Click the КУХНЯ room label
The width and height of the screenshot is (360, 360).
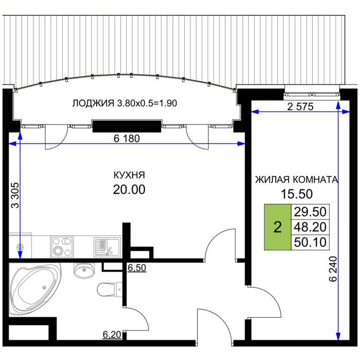pyautogui.click(x=129, y=175)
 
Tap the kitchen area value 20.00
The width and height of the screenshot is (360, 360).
pyautogui.click(x=129, y=190)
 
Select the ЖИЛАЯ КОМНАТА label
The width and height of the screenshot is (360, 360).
pyautogui.click(x=297, y=179)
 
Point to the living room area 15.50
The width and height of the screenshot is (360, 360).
pyautogui.click(x=297, y=194)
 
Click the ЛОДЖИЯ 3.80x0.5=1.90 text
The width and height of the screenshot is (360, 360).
pyautogui.click(x=124, y=103)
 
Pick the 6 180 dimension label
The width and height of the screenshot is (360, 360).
pyautogui.click(x=127, y=139)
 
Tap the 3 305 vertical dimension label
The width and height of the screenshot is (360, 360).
pyautogui.click(x=15, y=195)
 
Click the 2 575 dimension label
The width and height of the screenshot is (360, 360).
pyautogui.click(x=300, y=107)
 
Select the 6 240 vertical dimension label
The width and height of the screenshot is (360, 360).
pyautogui.click(x=333, y=269)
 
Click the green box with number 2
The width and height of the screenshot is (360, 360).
pyautogui.click(x=278, y=227)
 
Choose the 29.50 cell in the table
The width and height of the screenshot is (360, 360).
pyautogui.click(x=310, y=212)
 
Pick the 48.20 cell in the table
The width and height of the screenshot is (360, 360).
pyautogui.click(x=310, y=227)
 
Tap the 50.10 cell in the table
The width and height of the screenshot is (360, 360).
pyautogui.click(x=310, y=242)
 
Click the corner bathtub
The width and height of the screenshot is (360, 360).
pyautogui.click(x=35, y=289)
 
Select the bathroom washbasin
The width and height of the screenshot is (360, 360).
pyautogui.click(x=84, y=271)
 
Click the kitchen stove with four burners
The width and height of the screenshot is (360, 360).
pyautogui.click(x=62, y=247)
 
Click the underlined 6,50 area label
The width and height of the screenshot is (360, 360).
pyautogui.click(x=137, y=268)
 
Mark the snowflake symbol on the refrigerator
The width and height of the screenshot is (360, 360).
pyautogui.click(x=20, y=247)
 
